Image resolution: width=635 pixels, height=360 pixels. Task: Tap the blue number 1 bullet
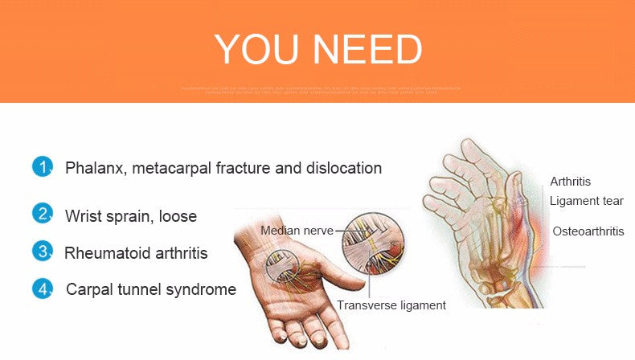42,167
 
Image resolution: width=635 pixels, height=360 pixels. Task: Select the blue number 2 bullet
42,214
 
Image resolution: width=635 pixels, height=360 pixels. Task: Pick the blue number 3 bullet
42,251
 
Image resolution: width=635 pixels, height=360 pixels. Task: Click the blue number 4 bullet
42,288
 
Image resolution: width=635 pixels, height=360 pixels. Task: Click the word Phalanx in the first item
95,169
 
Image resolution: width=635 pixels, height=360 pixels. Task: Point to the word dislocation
342,168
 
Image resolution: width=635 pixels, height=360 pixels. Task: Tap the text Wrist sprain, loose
131,216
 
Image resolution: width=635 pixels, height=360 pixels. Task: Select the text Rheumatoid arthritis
136,253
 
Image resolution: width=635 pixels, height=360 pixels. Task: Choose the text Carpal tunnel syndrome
151,289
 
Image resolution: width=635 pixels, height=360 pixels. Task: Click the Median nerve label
297,231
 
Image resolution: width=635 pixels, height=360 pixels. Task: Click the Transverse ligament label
391,305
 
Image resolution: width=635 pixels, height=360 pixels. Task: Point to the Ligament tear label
586,201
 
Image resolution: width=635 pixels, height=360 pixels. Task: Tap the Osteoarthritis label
588,231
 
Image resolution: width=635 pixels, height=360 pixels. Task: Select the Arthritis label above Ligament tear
570,182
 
